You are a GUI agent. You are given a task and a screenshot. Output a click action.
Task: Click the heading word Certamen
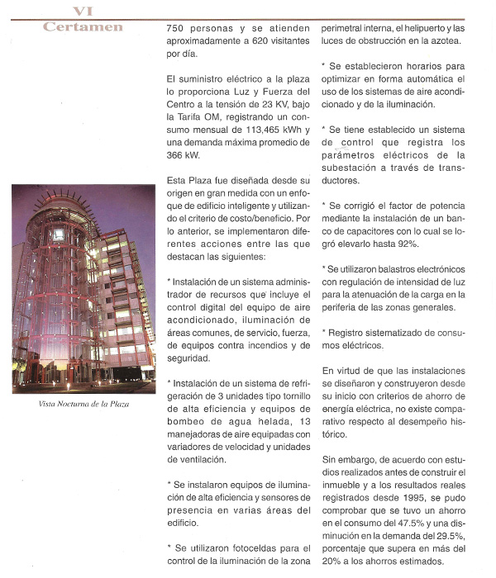[x=82, y=27]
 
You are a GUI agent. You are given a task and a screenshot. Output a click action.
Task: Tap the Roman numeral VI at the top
[x=82, y=11]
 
